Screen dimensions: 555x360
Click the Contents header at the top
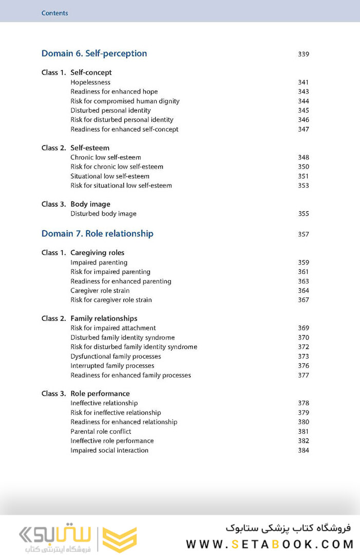[54, 13]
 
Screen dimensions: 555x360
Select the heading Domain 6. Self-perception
[94, 53]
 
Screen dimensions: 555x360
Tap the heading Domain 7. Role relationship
[97, 234]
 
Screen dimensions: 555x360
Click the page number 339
[303, 54]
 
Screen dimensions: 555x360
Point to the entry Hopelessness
[90, 82]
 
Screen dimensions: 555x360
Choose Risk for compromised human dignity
[125, 101]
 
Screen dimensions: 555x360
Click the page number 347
[303, 129]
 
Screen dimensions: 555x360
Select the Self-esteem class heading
[90, 148]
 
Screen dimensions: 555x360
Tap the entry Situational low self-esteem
[110, 176]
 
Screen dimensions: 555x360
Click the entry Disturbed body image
[103, 214]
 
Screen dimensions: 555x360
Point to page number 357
[303, 234]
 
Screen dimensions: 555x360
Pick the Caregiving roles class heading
[97, 253]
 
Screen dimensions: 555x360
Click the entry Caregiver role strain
[104, 291]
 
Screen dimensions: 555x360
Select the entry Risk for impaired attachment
[113, 328]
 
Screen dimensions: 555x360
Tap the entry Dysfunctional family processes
[116, 357]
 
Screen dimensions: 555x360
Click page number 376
[303, 366]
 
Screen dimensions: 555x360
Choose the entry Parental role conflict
[101, 432]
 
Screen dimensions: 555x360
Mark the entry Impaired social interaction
[109, 451]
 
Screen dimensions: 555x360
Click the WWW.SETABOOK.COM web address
[270, 544]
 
